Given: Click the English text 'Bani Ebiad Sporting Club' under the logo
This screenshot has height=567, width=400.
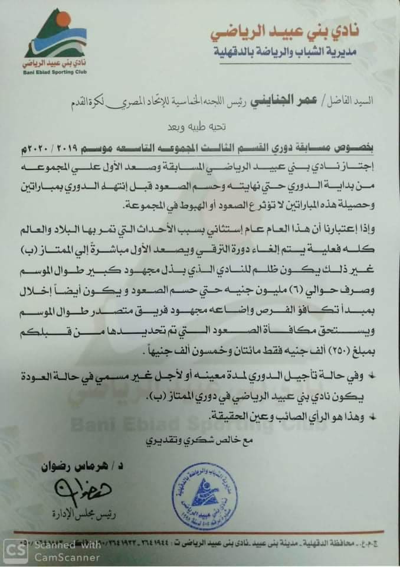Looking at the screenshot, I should (x=54, y=73).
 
